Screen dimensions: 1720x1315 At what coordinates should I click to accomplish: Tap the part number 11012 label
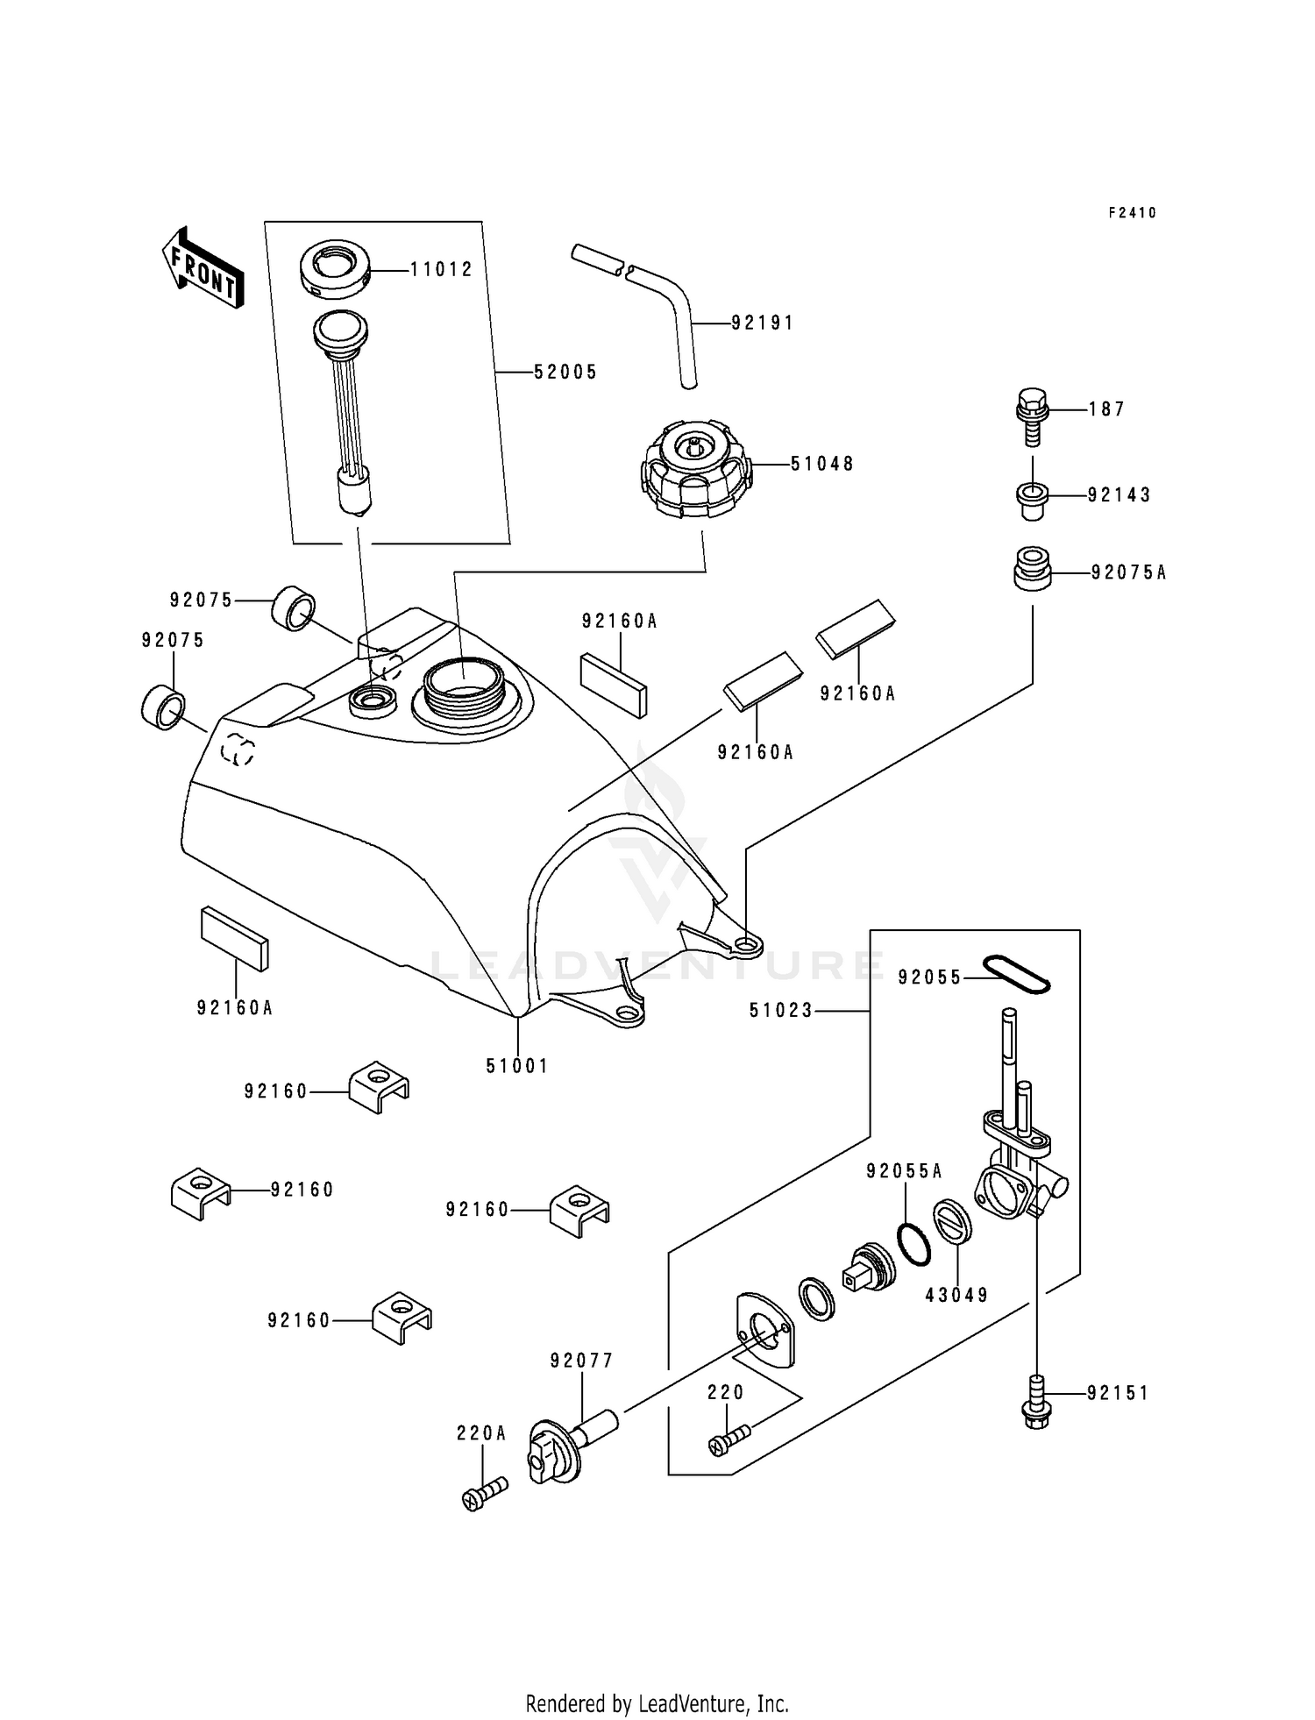click(x=442, y=270)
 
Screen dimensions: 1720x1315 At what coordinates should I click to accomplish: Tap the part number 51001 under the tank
click(x=517, y=1066)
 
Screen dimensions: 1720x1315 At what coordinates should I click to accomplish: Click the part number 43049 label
click(x=956, y=1295)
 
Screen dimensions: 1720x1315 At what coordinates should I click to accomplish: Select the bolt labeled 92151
click(x=1036, y=1402)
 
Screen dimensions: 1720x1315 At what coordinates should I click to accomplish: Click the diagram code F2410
click(x=1132, y=213)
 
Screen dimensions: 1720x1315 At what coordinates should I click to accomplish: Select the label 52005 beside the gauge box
click(x=565, y=373)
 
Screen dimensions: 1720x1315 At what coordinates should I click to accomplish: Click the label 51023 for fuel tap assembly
click(x=780, y=1011)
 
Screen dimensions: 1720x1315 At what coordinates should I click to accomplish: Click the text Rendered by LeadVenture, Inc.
click(x=657, y=1703)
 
